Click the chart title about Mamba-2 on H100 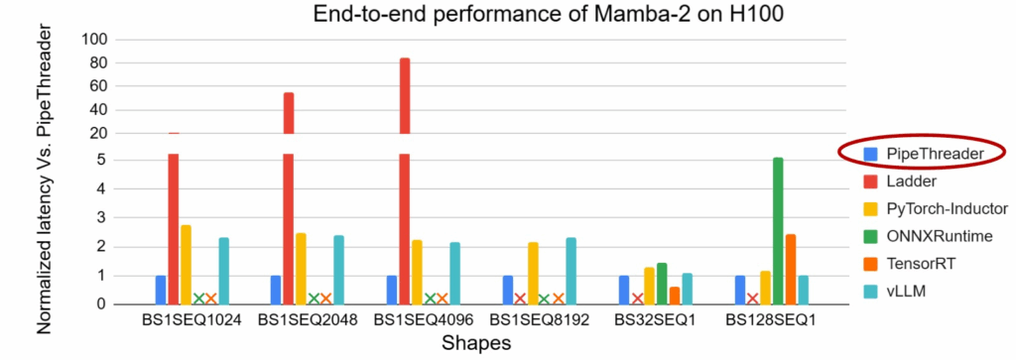[507, 14]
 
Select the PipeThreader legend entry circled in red [922, 154]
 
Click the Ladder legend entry [912, 181]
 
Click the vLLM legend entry [906, 289]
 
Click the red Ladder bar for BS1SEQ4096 [404, 179]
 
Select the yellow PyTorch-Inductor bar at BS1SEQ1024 [186, 264]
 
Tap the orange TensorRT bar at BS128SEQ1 [791, 269]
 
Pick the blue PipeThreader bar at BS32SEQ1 [624, 290]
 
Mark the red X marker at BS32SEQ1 [637, 299]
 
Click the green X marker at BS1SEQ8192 [545, 299]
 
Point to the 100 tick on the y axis [96, 40]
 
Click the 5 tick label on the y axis [101, 161]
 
